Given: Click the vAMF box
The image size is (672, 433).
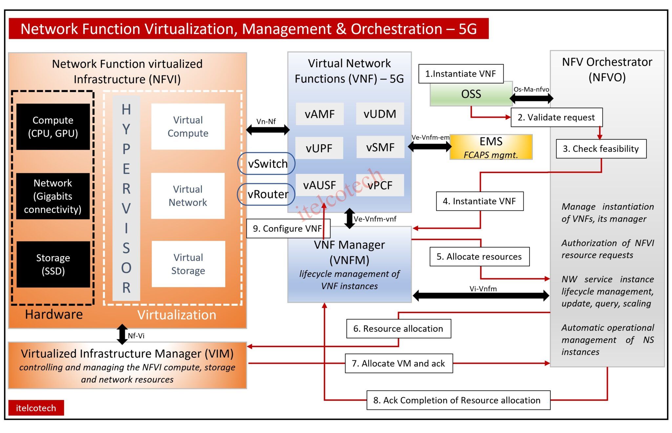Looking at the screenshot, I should tap(320, 114).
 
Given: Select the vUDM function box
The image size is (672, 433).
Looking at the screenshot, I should tap(380, 114).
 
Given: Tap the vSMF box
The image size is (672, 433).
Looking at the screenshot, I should tap(380, 147).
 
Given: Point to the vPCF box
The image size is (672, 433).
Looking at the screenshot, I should tap(380, 186).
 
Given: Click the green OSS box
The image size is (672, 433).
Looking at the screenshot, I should tap(471, 94).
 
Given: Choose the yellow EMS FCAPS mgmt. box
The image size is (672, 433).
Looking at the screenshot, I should tap(491, 147).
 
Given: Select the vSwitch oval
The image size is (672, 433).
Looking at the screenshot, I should tap(266, 164).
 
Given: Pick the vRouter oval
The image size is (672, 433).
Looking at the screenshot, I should tap(266, 194).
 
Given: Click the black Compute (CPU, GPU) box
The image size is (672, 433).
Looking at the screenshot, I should tap(53, 127).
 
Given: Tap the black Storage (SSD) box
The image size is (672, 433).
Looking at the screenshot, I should tap(53, 264).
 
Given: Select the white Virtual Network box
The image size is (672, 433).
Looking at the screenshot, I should tap(188, 196).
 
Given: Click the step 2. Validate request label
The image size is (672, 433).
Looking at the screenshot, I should tap(556, 117).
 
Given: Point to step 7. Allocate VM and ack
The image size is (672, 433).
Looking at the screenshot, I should tap(399, 363).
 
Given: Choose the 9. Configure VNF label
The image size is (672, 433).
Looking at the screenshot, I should tap(287, 228).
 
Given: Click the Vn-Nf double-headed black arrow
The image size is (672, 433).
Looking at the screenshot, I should tap(267, 130).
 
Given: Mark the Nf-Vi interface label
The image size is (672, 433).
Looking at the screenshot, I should tap(136, 336).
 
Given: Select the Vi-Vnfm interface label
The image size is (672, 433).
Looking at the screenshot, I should tap(483, 289).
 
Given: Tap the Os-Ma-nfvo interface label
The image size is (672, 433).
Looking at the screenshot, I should tap(531, 89).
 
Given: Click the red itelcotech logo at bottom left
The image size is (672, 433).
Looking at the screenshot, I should tap(36, 408).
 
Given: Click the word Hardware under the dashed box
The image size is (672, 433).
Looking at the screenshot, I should tap(54, 314).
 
